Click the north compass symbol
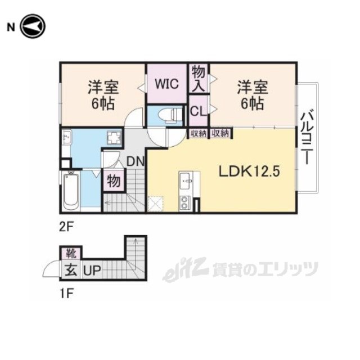(33, 26)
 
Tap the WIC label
(166, 84)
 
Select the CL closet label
(198, 111)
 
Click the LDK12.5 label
(249, 171)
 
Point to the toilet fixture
(170, 114)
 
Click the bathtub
(71, 190)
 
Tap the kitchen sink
(185, 181)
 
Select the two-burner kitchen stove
(185, 202)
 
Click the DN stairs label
(135, 161)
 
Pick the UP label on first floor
(92, 271)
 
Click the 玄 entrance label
(71, 270)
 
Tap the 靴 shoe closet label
(71, 253)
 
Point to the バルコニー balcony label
(307, 138)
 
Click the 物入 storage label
(199, 78)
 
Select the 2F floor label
(66, 227)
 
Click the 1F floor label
(66, 294)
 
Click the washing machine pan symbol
(114, 137)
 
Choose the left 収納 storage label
(198, 133)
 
